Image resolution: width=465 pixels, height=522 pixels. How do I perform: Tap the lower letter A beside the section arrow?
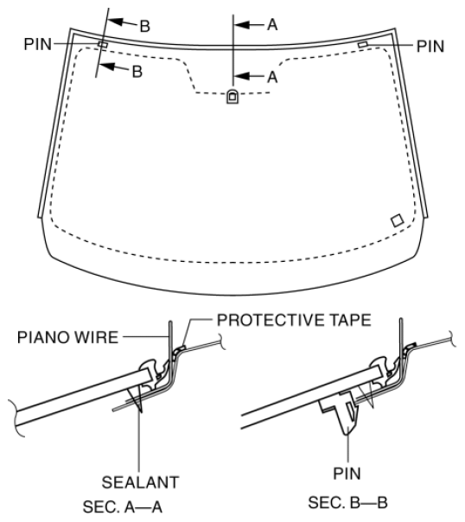[x=271, y=76]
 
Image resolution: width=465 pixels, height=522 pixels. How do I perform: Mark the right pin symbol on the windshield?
[x=362, y=43]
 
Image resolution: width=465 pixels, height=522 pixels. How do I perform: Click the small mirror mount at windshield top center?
[x=232, y=97]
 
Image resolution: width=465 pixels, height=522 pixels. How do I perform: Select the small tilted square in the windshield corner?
[x=397, y=220]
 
